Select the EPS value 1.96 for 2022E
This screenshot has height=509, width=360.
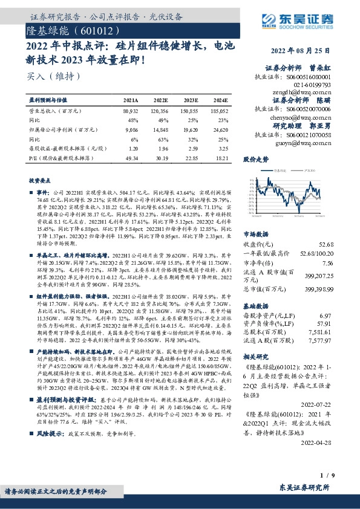pos(160,148)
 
